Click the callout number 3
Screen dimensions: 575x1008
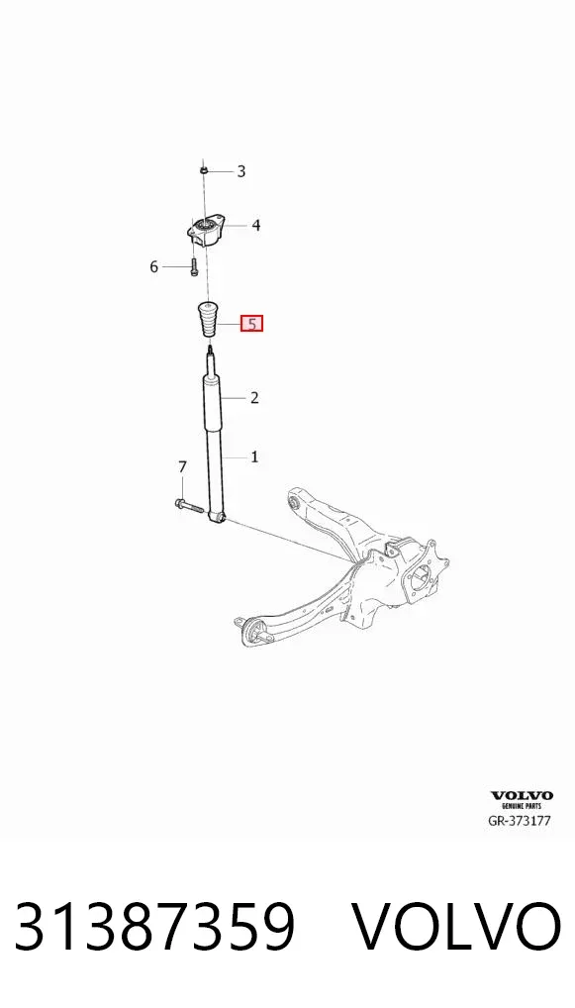240,171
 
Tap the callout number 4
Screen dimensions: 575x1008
255,225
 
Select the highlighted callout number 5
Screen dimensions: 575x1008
251,324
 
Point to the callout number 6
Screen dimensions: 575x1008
153,266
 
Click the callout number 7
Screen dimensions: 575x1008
182,466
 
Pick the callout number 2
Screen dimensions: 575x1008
254,398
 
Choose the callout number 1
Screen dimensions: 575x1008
254,457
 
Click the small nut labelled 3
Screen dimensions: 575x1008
202,169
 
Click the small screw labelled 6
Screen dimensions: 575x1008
193,266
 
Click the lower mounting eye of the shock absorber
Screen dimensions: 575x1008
219,516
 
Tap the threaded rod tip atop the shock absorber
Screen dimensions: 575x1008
210,352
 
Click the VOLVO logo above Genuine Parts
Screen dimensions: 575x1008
522,796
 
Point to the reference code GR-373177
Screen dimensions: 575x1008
520,820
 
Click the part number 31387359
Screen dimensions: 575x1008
154,927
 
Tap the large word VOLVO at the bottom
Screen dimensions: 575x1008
457,927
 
